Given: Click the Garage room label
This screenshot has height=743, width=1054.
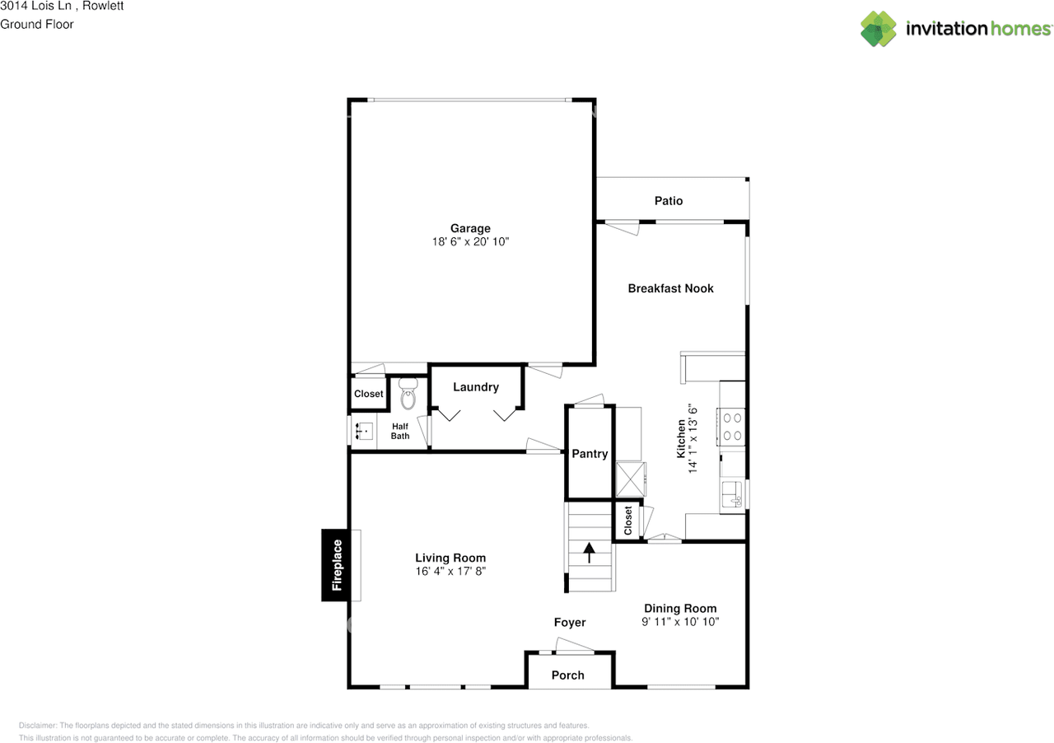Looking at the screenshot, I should point(470,228).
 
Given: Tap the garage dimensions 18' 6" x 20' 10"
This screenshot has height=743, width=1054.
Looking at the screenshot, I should point(470,241).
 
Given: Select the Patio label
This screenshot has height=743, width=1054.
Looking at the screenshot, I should point(669,200).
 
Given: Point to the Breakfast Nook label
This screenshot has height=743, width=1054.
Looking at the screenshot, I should point(670,288).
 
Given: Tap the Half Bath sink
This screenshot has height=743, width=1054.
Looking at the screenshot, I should point(362,430).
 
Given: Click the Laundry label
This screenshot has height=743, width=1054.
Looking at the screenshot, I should point(476,387).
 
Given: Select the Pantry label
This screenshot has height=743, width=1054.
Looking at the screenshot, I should point(590,454).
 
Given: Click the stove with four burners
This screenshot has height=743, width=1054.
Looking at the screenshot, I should point(732,426).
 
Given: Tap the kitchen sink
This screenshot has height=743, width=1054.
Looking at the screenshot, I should point(732,494).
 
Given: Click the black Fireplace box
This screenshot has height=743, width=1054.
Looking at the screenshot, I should point(336,565).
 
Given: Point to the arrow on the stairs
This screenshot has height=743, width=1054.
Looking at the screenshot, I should point(590,552).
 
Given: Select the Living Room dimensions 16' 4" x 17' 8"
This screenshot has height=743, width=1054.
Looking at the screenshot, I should point(450,571).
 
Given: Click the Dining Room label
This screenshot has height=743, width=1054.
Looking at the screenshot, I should point(680,609).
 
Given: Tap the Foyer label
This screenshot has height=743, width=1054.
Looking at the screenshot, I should point(569,623).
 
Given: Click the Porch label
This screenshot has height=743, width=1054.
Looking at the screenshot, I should point(567,675).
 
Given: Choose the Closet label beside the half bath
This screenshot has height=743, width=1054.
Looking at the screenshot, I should point(368,394).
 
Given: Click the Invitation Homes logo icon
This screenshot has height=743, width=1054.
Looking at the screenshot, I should point(879,29).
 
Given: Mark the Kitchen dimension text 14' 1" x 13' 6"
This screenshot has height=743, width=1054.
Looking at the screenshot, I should point(693,438).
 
